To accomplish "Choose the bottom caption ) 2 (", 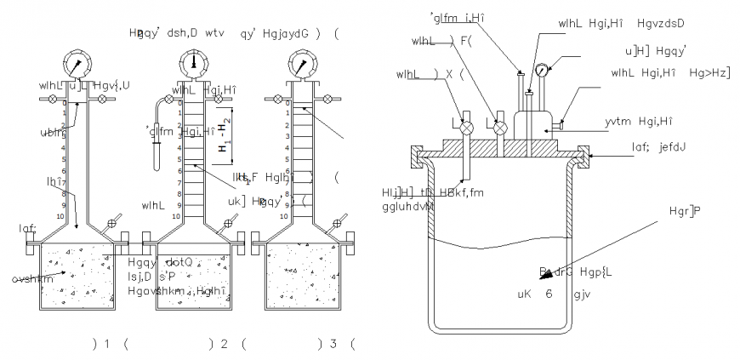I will point(223,343).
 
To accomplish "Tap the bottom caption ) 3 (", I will point(334,343).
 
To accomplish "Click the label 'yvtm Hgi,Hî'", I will point(635,122).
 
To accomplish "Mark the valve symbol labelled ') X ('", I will point(465,127).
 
